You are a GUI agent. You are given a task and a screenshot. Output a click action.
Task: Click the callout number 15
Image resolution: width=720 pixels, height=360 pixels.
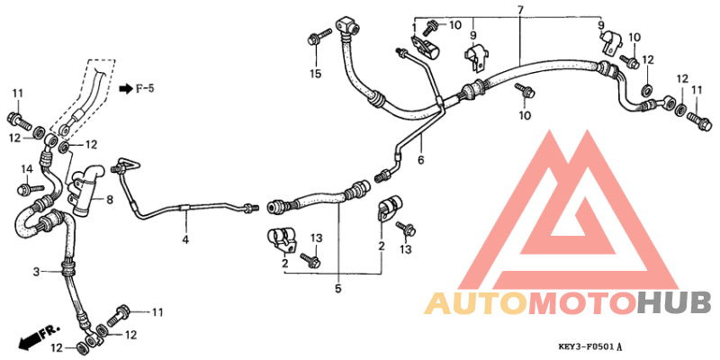(316, 74)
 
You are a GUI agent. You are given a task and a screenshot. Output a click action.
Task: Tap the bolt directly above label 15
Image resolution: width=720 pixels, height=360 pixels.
(319, 37)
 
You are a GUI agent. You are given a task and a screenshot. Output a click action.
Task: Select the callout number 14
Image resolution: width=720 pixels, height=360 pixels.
(27, 169)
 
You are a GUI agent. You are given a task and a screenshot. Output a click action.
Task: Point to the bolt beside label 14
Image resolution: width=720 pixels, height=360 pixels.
(30, 188)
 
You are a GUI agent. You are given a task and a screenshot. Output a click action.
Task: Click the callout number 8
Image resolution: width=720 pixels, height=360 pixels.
(110, 200)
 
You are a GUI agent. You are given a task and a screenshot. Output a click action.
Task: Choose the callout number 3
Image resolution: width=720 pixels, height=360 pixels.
(36, 272)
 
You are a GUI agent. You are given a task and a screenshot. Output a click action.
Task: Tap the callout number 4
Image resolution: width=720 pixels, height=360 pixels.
(185, 239)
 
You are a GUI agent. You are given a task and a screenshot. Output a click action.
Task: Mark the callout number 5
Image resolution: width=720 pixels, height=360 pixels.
(338, 288)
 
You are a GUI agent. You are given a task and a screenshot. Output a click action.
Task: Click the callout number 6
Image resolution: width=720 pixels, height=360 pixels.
(420, 160)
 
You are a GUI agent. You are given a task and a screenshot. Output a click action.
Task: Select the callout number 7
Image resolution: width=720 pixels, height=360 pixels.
(520, 9)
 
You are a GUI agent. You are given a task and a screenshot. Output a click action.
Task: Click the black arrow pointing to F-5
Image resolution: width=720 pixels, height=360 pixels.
(125, 88)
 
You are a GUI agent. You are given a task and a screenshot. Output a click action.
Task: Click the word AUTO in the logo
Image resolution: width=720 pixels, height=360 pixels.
(476, 303)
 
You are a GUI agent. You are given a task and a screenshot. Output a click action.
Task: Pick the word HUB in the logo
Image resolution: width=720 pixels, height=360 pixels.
(674, 303)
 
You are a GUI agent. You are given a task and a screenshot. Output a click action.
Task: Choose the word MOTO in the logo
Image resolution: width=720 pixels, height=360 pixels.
(583, 303)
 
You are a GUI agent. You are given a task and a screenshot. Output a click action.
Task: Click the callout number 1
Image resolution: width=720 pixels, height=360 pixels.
(414, 29)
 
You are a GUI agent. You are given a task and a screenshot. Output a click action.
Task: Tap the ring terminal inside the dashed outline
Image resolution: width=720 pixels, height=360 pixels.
(65, 128)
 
